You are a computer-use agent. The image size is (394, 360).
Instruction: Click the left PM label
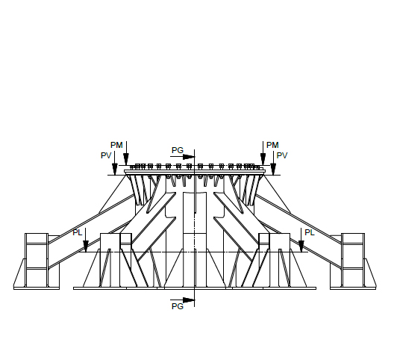(x=116, y=145)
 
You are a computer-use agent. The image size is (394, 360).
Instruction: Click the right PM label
(x=272, y=145)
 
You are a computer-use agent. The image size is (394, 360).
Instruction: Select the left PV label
(x=106, y=155)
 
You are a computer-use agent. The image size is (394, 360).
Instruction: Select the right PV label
(x=282, y=155)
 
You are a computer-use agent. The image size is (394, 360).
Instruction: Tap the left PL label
(x=78, y=232)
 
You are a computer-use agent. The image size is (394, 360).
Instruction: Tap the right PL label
(x=310, y=232)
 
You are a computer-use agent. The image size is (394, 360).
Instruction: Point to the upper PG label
(x=178, y=150)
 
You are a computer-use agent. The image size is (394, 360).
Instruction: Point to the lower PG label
(x=178, y=306)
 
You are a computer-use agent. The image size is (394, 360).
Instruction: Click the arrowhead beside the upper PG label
(x=189, y=157)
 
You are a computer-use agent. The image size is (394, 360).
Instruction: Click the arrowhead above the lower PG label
(x=189, y=300)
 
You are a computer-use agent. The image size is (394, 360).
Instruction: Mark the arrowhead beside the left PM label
(x=126, y=159)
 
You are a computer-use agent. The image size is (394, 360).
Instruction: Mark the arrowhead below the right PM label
(x=263, y=159)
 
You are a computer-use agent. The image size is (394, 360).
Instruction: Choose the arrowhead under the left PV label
(x=115, y=169)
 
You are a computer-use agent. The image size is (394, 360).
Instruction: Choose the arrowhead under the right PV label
(x=273, y=169)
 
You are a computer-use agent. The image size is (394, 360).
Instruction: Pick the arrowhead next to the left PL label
(x=86, y=246)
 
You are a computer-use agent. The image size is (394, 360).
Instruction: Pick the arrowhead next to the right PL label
(x=301, y=246)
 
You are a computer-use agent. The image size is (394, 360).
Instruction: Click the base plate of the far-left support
(x=37, y=288)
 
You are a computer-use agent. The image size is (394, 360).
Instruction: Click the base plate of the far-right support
(x=353, y=288)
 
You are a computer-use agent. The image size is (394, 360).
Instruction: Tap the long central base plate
(x=195, y=288)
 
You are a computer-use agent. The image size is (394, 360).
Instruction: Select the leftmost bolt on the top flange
(x=131, y=167)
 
